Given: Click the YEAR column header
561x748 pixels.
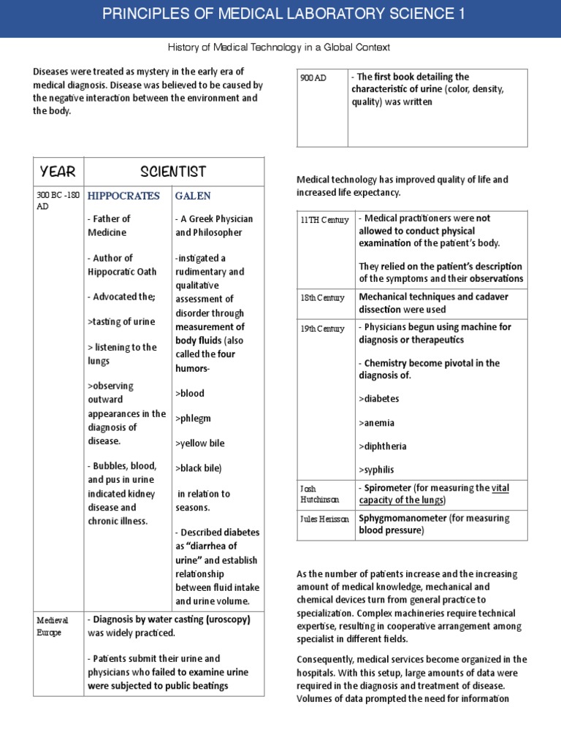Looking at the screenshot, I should point(58,172).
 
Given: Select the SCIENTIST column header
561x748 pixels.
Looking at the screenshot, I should point(173,172).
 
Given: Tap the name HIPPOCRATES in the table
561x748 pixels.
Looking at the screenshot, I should point(123,196).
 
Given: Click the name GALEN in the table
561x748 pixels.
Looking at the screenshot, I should point(193,196).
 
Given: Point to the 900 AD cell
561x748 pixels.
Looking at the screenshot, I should point(313,78).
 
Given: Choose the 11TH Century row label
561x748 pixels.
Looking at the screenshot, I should point(324,220).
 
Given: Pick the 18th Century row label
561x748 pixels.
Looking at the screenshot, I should point(322,298).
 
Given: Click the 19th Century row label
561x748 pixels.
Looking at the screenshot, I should point(322,329).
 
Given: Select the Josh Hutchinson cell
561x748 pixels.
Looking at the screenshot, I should point(319,494).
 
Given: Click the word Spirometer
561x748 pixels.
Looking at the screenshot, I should point(384,487).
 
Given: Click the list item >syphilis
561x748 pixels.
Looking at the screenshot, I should point(379,469).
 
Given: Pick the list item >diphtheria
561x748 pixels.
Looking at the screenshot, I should point(383,446).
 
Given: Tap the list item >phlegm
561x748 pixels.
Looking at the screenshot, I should point(192,418).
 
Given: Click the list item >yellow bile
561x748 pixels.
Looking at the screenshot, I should point(199,443).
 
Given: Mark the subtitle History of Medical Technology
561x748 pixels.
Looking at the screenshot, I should point(280,47).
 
